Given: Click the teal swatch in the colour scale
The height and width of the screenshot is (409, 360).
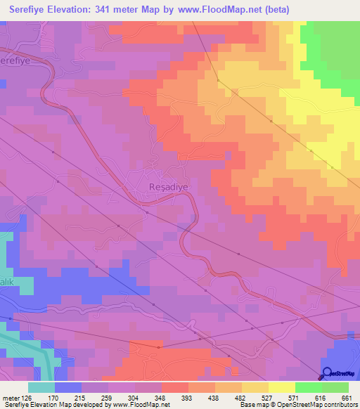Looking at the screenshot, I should tap(41, 387).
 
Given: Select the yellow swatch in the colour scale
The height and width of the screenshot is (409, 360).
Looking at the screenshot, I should tap(281, 387).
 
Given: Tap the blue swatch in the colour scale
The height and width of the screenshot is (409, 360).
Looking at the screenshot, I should tap(68, 387).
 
